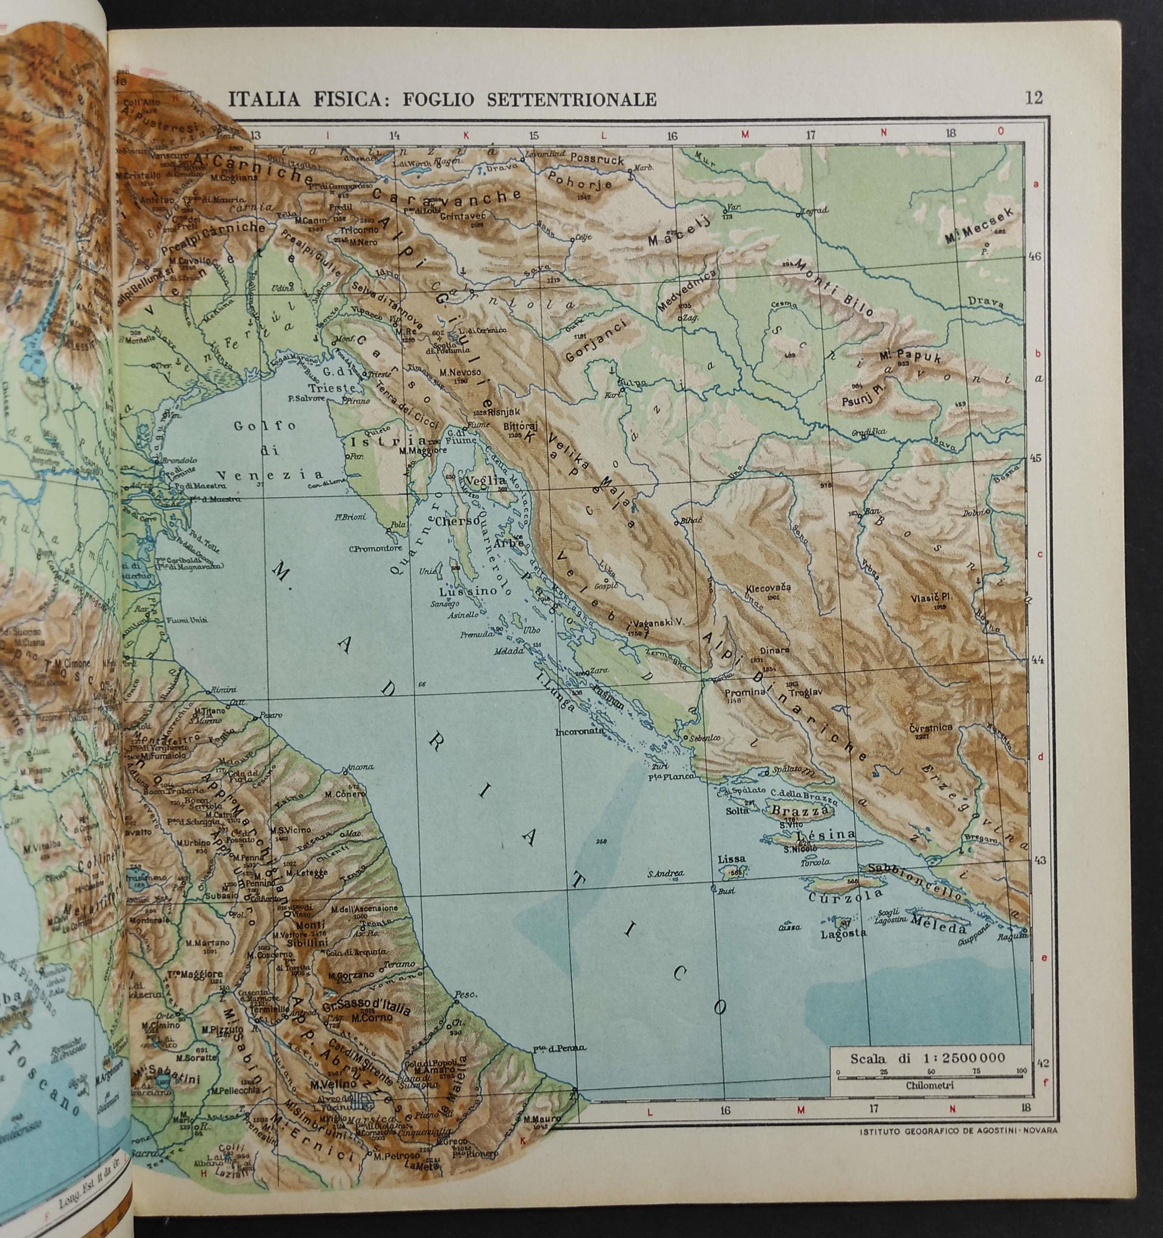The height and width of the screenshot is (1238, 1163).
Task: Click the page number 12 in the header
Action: tap(1033, 98)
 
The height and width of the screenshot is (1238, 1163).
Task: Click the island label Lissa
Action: tap(732, 859)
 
